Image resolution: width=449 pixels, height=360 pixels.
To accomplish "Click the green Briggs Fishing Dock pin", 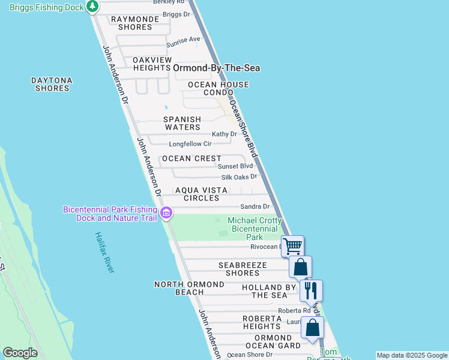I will [x=92, y=7].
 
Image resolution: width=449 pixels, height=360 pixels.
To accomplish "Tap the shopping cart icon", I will [x=292, y=245].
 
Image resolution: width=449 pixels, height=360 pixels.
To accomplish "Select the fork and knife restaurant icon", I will [x=311, y=290].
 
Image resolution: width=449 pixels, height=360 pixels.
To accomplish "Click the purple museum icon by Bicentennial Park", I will [x=166, y=212].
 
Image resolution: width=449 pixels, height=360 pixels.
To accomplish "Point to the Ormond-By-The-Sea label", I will [x=216, y=68].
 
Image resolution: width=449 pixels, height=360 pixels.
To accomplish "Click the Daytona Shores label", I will [x=52, y=84].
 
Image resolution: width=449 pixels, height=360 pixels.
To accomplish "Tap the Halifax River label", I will [x=104, y=252].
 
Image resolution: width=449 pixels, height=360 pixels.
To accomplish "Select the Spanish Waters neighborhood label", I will [x=182, y=123].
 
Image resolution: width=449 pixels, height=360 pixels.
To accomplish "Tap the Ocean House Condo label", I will [x=218, y=89].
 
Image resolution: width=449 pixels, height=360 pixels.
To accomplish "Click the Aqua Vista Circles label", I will [x=201, y=194].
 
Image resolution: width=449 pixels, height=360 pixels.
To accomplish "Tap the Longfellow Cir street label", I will [x=190, y=144].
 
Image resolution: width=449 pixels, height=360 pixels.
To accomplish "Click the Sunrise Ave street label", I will [x=183, y=40].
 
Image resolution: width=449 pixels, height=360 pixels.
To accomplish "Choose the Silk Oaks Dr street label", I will [x=239, y=176].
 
